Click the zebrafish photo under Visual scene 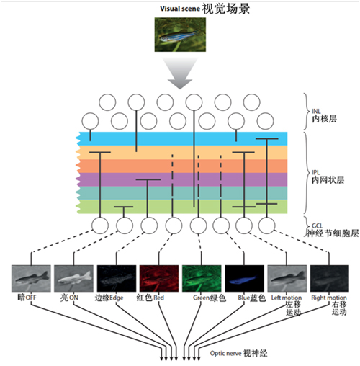click(x=180, y=35)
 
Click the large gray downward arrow click(x=180, y=73)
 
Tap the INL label click(x=316, y=111)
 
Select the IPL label click(x=316, y=172)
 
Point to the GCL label click(x=318, y=226)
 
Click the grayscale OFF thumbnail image click(x=31, y=278)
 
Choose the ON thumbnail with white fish click(x=73, y=278)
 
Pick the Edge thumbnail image click(x=117, y=278)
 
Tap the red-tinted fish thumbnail click(x=159, y=278)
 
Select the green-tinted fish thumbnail click(x=202, y=278)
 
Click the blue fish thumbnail click(x=244, y=278)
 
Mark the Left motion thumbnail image click(x=287, y=278)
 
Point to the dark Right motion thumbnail click(x=330, y=278)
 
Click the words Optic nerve click(x=225, y=353)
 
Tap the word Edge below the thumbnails click(x=117, y=298)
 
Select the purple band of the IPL click(x=182, y=179)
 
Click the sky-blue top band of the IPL click(x=182, y=138)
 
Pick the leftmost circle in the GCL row click(x=100, y=226)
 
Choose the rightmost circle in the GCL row click(x=266, y=226)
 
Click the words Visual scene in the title click(x=180, y=9)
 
